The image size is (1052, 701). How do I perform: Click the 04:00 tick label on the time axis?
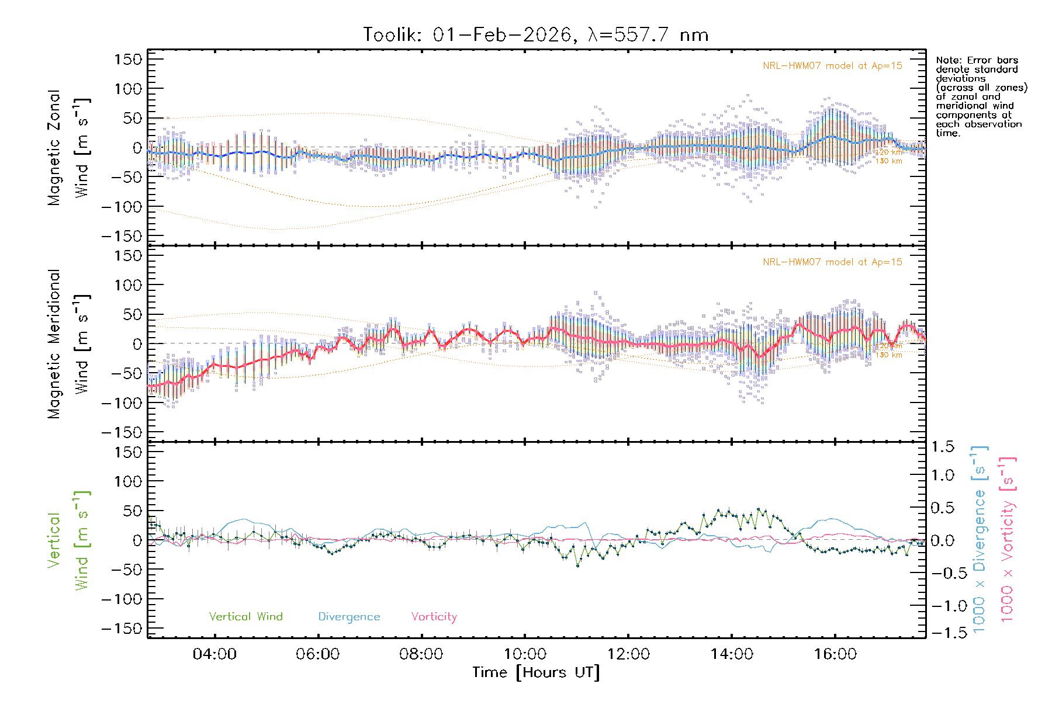214,654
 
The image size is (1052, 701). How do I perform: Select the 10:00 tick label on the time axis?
525,654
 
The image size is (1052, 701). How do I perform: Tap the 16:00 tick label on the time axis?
835,654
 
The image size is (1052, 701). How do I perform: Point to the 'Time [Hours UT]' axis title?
536,672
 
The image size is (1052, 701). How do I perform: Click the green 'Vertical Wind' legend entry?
245,616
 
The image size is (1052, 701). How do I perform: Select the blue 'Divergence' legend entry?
349,617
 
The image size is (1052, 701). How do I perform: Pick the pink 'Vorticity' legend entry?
434,616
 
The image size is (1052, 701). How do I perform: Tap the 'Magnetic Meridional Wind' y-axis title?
68,343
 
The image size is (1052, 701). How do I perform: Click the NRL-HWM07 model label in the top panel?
832,66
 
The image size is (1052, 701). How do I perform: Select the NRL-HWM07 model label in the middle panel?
832,262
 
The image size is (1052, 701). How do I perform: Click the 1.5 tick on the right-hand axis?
943,447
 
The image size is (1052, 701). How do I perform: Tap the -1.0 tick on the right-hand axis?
943,606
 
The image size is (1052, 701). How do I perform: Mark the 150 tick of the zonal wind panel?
128,59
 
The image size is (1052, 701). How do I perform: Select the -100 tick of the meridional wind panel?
122,402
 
